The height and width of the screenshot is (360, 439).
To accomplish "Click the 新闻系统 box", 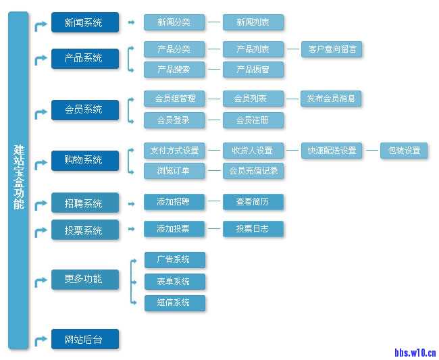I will (x=84, y=22).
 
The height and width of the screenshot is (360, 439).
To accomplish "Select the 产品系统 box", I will (x=84, y=58).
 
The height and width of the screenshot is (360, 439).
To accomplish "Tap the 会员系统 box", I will (x=84, y=109).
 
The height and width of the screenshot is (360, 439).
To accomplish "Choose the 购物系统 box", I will (x=84, y=160).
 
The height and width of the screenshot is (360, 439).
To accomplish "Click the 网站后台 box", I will (x=84, y=339).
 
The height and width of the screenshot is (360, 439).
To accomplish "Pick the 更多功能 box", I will (x=84, y=279).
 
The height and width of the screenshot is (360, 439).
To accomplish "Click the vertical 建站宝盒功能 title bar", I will (x=19, y=179).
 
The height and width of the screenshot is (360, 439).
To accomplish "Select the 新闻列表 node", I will (x=253, y=22).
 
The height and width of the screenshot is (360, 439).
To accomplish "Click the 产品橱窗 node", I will (x=253, y=70).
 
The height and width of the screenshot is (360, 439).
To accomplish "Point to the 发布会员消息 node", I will (x=331, y=99).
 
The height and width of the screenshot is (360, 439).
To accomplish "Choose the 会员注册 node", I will (x=253, y=120).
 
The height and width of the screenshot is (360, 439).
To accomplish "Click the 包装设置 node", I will (x=404, y=150).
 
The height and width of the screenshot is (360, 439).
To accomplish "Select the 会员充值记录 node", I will (x=253, y=171).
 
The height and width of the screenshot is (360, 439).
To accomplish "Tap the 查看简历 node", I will (x=253, y=201).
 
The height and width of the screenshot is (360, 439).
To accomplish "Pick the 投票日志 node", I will (x=253, y=229).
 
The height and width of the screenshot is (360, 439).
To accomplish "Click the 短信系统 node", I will (x=174, y=303).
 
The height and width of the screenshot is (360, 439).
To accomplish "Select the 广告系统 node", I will (x=174, y=260).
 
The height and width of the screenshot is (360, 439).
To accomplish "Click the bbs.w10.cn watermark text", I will (x=415, y=352).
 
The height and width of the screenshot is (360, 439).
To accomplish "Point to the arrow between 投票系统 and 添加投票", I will (x=131, y=229).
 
